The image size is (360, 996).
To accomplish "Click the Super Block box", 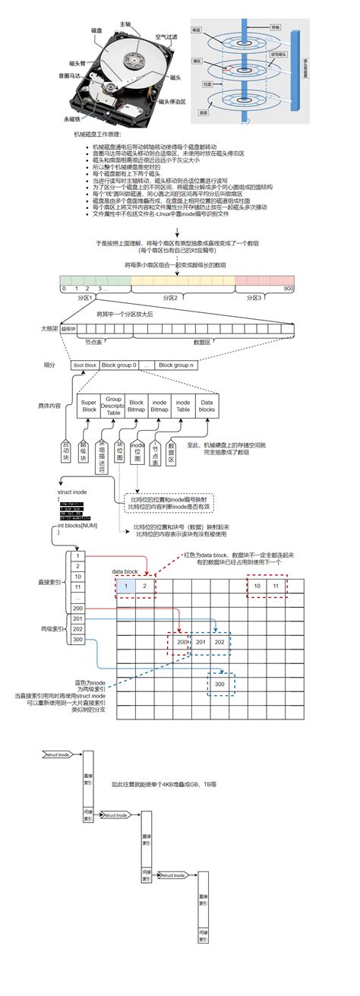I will pyautogui.click(x=89, y=406).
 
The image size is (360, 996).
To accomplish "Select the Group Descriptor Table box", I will pyautogui.click(x=113, y=406).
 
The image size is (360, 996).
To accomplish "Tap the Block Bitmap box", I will pyautogui.click(x=136, y=406).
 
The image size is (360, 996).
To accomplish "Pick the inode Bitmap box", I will pyautogui.click(x=159, y=406).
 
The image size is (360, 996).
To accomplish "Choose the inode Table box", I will pyautogui.click(x=183, y=406).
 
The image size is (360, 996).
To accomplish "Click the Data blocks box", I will pyautogui.click(x=207, y=406).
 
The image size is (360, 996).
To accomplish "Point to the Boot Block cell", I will pyautogui.click(x=85, y=365).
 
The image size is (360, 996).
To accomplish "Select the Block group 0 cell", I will pyautogui.click(x=119, y=365).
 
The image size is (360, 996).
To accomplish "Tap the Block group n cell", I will pyautogui.click(x=176, y=365).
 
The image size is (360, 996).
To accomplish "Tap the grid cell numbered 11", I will pyautogui.click(x=277, y=586).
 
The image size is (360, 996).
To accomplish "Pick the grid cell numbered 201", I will pyautogui.click(x=201, y=643).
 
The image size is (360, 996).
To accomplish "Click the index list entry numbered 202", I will pyautogui.click(x=79, y=629).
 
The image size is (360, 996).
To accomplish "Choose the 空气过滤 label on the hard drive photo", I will pyautogui.click(x=166, y=36).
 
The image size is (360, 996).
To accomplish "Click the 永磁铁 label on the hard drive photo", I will pyautogui.click(x=71, y=119).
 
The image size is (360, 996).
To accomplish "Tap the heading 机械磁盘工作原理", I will pyautogui.click(x=96, y=133).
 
